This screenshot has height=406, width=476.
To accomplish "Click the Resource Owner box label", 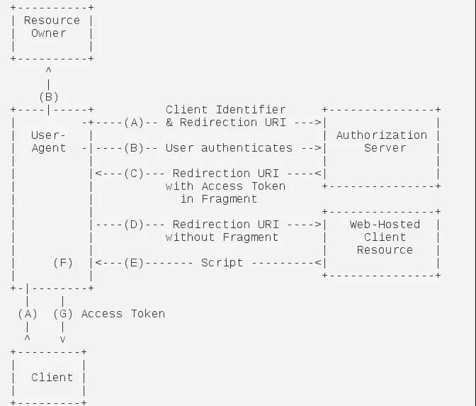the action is click(52, 27).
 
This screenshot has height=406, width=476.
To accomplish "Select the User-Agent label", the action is click(49, 142).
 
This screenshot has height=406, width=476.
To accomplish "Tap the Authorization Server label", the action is click(382, 142).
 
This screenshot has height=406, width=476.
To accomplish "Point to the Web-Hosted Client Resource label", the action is click(385, 237).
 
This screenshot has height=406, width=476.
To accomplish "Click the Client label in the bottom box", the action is click(52, 378).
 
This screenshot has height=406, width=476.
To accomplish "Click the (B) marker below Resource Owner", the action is click(49, 97).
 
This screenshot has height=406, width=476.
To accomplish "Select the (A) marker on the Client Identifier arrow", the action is click(134, 123).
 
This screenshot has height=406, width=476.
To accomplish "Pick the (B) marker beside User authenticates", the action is click(134, 148).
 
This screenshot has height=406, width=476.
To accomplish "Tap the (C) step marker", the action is click(134, 174).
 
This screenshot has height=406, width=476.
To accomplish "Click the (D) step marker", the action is click(134, 225).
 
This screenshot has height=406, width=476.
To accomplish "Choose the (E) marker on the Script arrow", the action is click(134, 263).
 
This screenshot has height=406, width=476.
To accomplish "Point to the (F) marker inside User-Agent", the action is click(63, 263).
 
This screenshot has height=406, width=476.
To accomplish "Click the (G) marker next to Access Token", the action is click(63, 314).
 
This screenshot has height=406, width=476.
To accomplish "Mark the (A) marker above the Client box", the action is click(28, 314).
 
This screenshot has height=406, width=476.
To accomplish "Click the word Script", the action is click(222, 263).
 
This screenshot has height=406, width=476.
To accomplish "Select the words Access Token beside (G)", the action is click(123, 314).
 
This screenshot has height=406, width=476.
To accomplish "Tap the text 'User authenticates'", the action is click(229, 148).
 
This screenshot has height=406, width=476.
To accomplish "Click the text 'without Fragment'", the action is click(222, 237).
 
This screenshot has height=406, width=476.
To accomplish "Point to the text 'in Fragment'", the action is click(219, 199).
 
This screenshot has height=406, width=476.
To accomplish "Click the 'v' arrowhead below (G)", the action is click(62, 340).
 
